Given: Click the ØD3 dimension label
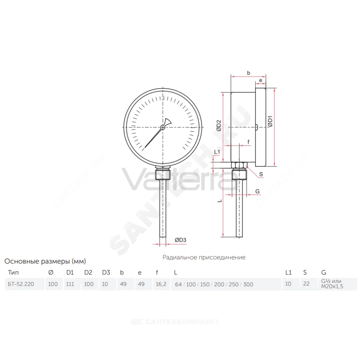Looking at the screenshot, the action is [x=180, y=240].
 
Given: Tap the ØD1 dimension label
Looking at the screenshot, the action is [x=270, y=121].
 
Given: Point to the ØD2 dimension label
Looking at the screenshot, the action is [x=219, y=125].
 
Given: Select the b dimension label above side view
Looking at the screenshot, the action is [x=248, y=73].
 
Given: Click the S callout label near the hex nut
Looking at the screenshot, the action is [x=261, y=174].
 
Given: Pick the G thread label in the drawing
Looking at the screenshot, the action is [x=257, y=191].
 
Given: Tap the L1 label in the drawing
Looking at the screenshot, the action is [x=217, y=152].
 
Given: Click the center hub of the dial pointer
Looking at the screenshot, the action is [x=163, y=127].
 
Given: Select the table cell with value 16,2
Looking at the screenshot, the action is [x=161, y=284].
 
